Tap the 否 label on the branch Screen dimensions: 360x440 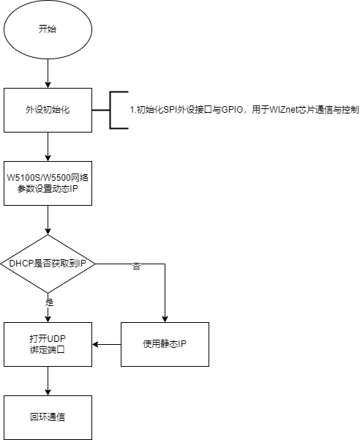[136, 266]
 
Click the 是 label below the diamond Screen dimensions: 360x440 [49, 302]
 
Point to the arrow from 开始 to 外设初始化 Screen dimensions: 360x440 [48, 73]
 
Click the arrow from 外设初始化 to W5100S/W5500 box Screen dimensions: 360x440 [48, 146]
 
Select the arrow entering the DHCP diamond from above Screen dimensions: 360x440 [48, 220]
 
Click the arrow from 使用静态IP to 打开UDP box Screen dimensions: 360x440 [107, 344]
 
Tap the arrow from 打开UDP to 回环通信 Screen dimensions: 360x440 [48, 381]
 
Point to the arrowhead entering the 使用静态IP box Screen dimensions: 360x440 [165, 319]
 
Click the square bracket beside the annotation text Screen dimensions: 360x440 [110, 110]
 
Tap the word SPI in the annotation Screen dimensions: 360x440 [170, 110]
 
